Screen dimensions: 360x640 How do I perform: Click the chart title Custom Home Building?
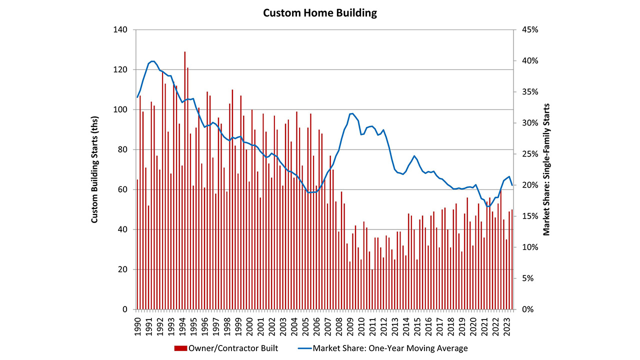[x=320, y=13]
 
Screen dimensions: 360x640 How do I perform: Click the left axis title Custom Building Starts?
[x=94, y=170]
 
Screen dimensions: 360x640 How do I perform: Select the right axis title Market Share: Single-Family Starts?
[x=546, y=170]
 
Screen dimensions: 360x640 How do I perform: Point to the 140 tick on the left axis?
[x=121, y=30]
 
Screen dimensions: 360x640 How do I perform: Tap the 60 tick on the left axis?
[x=123, y=190]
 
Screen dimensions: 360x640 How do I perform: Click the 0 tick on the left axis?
[x=125, y=310]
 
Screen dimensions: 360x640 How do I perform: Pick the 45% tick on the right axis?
[x=528, y=30]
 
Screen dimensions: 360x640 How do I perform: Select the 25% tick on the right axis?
[x=528, y=154]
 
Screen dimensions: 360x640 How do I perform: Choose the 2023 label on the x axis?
[x=507, y=324]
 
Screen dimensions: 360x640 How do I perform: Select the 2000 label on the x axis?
[x=250, y=324]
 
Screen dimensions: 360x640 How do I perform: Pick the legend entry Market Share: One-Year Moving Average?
[x=390, y=348]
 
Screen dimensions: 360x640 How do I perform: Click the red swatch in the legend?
[x=180, y=348]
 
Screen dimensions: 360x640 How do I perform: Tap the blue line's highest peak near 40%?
[x=152, y=61]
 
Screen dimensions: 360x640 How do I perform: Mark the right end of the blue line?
[x=512, y=185]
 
